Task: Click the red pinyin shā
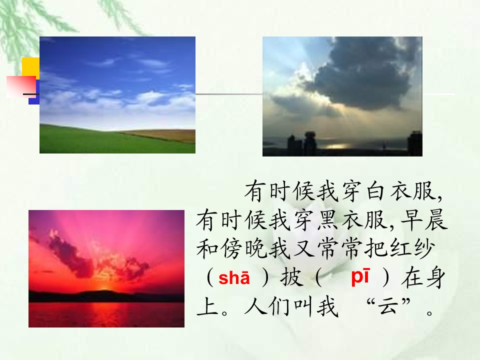tap(234, 278)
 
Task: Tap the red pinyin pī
tap(360, 276)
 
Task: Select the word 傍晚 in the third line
tap(231, 248)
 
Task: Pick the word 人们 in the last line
tap(267, 306)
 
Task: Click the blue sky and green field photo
tap(117, 95)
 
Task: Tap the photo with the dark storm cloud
tap(342, 96)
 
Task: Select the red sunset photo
tap(106, 269)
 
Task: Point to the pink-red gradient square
tap(21, 86)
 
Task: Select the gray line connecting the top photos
tap(229, 94)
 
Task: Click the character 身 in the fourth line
tap(434, 278)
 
